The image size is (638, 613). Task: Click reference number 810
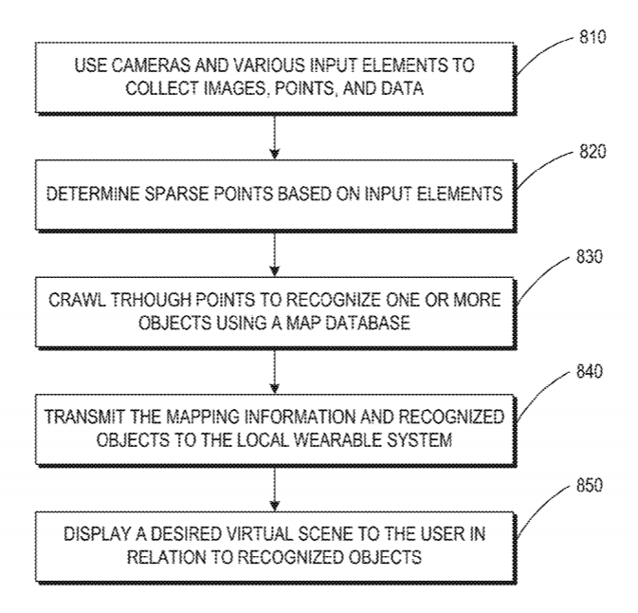click(592, 37)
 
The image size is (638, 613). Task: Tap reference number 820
click(592, 151)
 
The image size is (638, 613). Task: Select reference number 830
click(589, 256)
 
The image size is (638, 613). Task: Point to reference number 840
click(589, 371)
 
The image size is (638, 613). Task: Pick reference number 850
click(589, 485)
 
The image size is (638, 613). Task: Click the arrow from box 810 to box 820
click(275, 136)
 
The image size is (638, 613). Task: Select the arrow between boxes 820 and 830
click(275, 253)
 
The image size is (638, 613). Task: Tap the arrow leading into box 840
click(275, 371)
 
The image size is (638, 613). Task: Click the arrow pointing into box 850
click(275, 488)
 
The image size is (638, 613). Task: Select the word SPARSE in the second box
click(176, 194)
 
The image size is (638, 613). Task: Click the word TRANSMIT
click(84, 417)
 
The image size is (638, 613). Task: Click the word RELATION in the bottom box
click(167, 557)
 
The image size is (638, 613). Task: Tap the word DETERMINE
click(93, 194)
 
